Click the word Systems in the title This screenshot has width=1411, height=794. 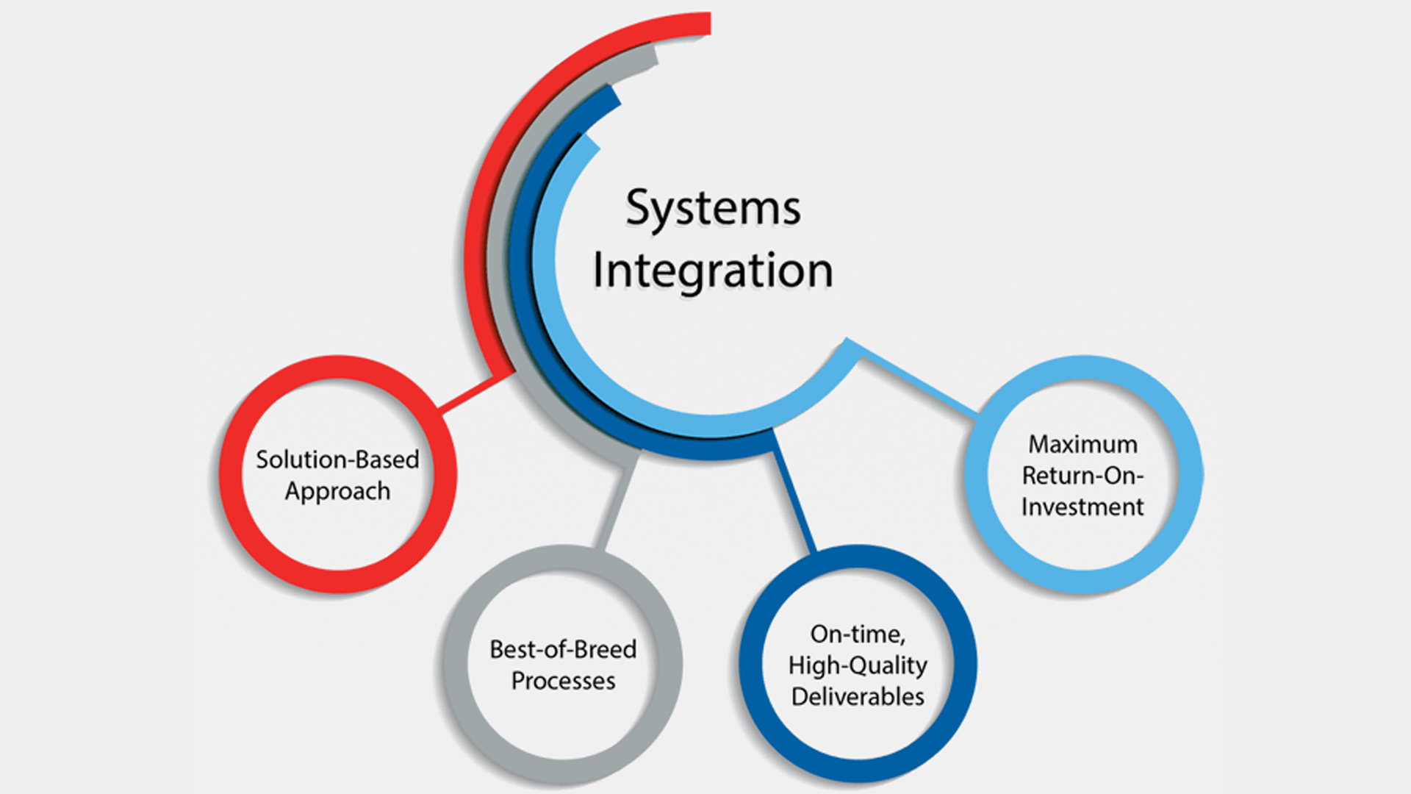(713, 209)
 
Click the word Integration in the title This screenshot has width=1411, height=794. (713, 271)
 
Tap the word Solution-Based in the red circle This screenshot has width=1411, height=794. (337, 459)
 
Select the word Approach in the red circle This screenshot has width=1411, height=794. (337, 492)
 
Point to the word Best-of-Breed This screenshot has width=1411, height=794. (563, 649)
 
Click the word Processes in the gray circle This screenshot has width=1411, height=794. (563, 681)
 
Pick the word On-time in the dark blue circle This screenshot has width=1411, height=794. (858, 634)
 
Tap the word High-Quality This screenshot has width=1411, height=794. (858, 666)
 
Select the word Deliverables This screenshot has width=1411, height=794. (858, 696)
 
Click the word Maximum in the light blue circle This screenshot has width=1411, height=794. (1083, 444)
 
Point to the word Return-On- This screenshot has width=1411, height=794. (1083, 476)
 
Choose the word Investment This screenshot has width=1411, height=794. (1083, 507)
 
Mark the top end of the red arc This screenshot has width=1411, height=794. (709, 24)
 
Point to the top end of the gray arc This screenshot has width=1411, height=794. (654, 56)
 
